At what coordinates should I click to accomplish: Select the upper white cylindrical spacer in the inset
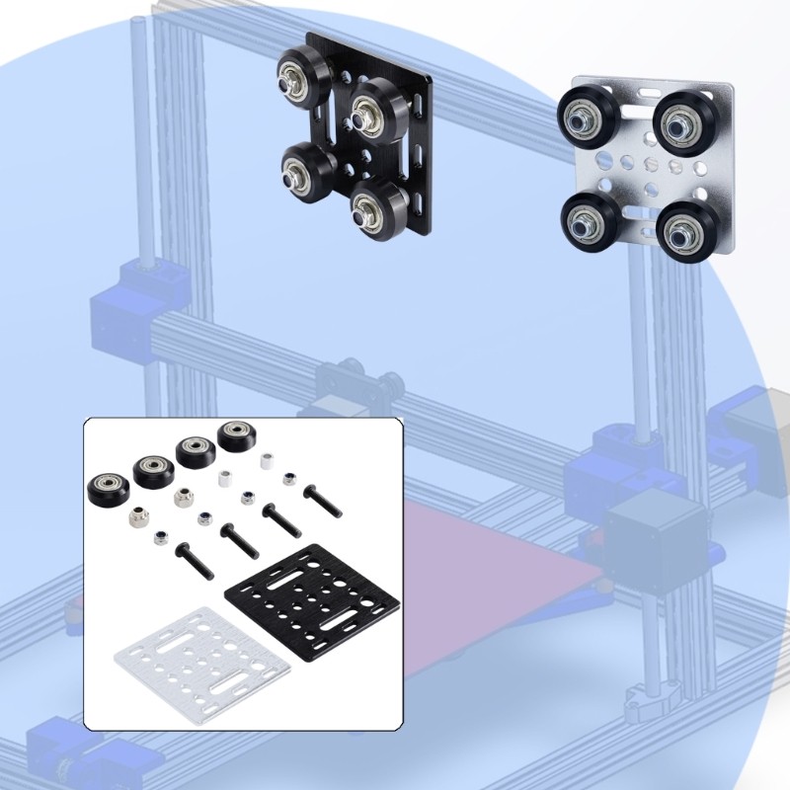pyautogui.click(x=265, y=459)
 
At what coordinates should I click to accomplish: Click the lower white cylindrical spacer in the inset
pyautogui.click(x=225, y=479)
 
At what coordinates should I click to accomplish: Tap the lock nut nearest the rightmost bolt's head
pyautogui.click(x=288, y=480)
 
